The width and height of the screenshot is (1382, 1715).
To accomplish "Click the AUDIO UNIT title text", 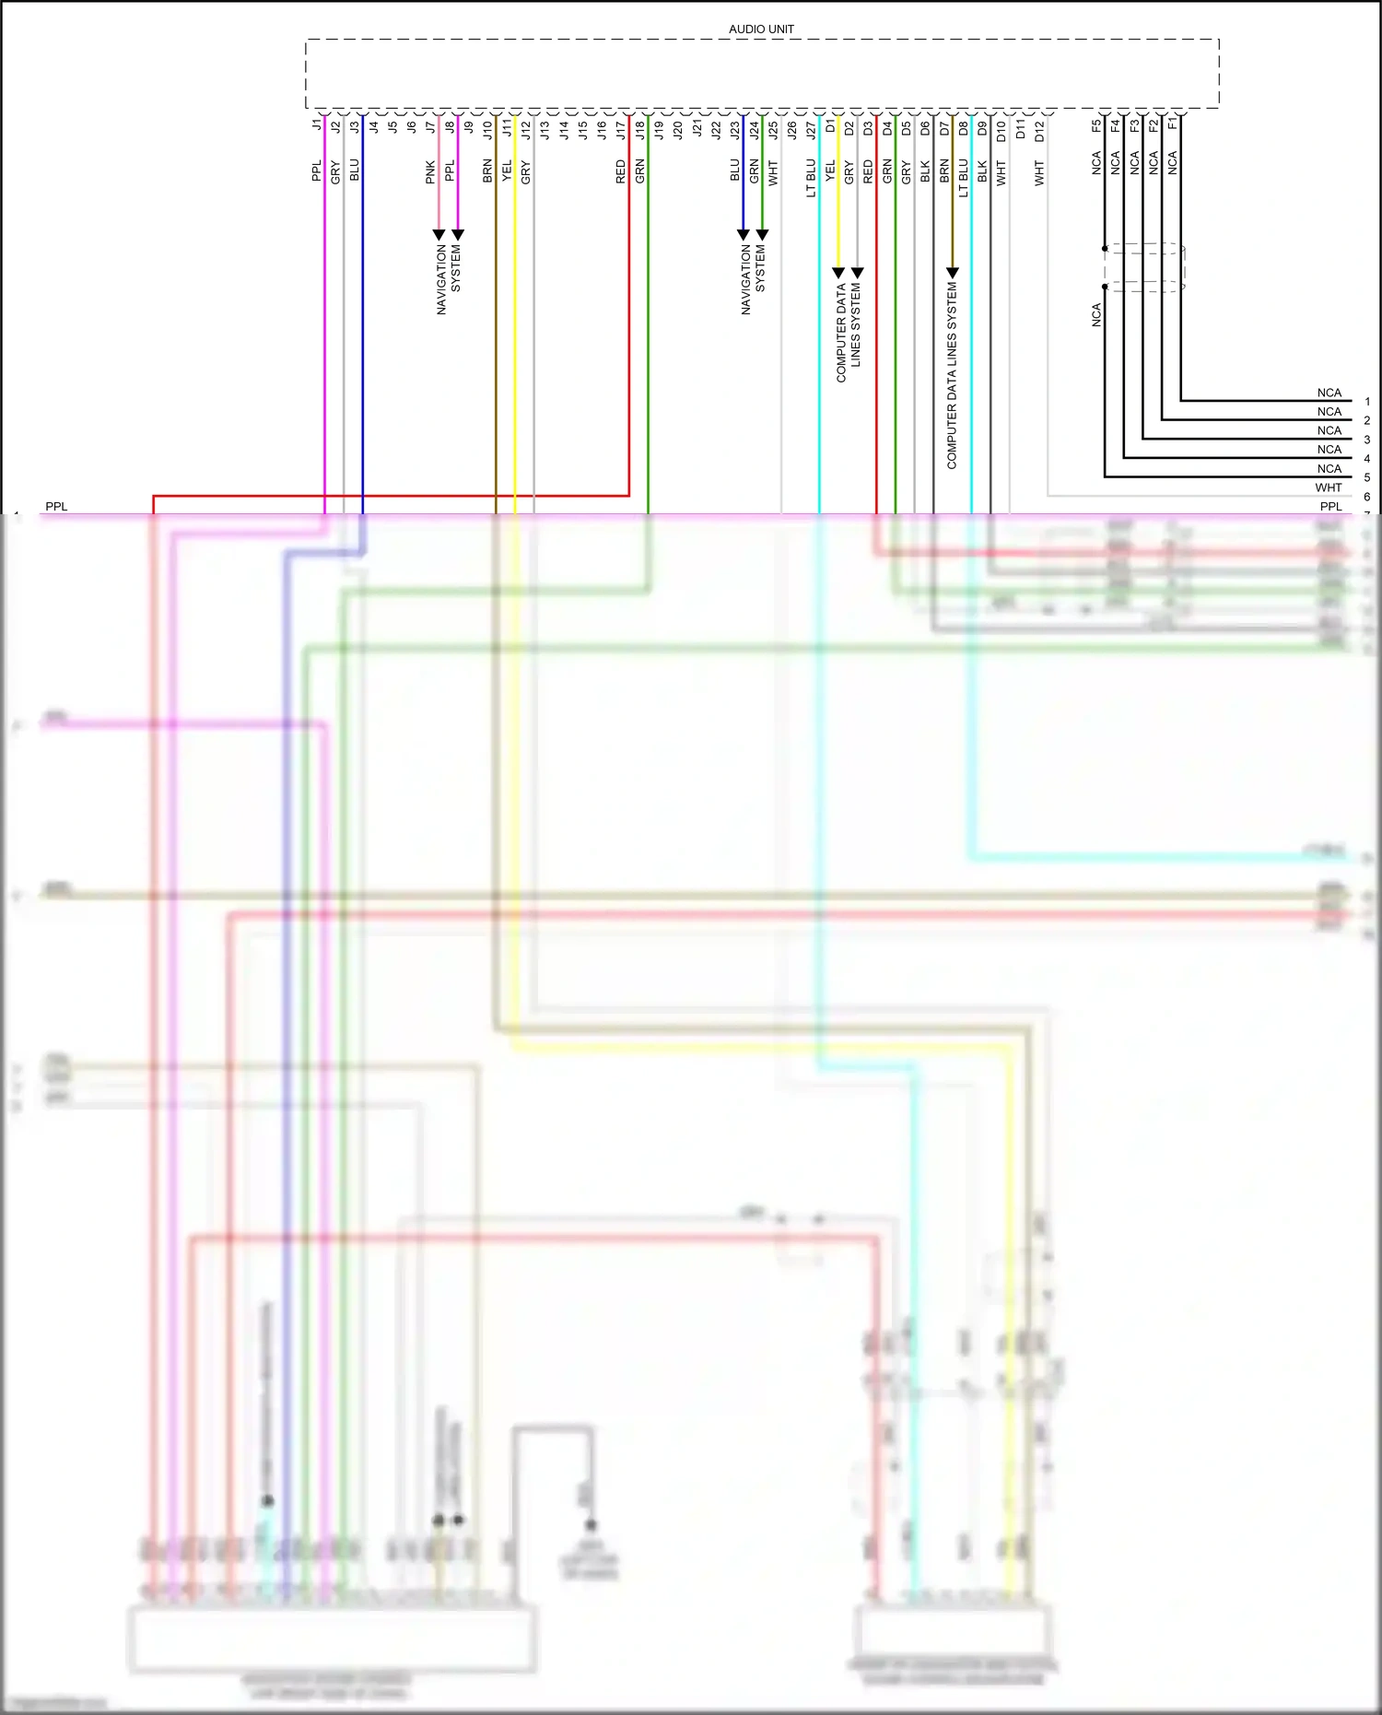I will click(x=761, y=29).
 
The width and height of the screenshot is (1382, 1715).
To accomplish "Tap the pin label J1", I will click(x=317, y=124).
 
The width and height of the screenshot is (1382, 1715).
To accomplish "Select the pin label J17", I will click(x=621, y=130).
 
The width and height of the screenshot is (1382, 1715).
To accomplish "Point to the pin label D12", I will click(x=1039, y=130).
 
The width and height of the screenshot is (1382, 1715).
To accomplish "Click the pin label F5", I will click(x=1096, y=125).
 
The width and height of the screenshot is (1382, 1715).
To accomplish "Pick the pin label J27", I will click(x=811, y=130).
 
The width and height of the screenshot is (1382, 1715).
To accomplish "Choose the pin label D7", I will click(x=944, y=128).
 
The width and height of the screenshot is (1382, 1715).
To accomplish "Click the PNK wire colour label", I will click(x=430, y=172).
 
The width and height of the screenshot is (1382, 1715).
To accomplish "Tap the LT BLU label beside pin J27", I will click(x=811, y=178).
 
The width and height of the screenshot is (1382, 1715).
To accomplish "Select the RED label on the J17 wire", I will click(x=621, y=171).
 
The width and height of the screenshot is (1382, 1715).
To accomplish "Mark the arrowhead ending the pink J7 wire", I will click(x=439, y=235).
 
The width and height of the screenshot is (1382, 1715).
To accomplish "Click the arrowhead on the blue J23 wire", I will click(x=744, y=235).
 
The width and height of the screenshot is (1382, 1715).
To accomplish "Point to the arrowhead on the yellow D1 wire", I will click(x=838, y=273).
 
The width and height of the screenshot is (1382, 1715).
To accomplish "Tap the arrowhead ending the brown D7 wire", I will click(x=953, y=273).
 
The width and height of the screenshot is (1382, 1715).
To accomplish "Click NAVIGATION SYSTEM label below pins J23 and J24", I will click(x=753, y=279).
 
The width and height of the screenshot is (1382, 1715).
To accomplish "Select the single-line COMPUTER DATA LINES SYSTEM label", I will click(x=952, y=376).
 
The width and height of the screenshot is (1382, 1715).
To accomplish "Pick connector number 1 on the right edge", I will click(x=1367, y=402).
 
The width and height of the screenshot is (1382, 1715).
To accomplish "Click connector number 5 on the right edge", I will click(x=1367, y=477).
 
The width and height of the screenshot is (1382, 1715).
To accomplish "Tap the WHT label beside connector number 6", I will click(x=1328, y=487).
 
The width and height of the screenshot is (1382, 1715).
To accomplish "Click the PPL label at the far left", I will click(x=56, y=507).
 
